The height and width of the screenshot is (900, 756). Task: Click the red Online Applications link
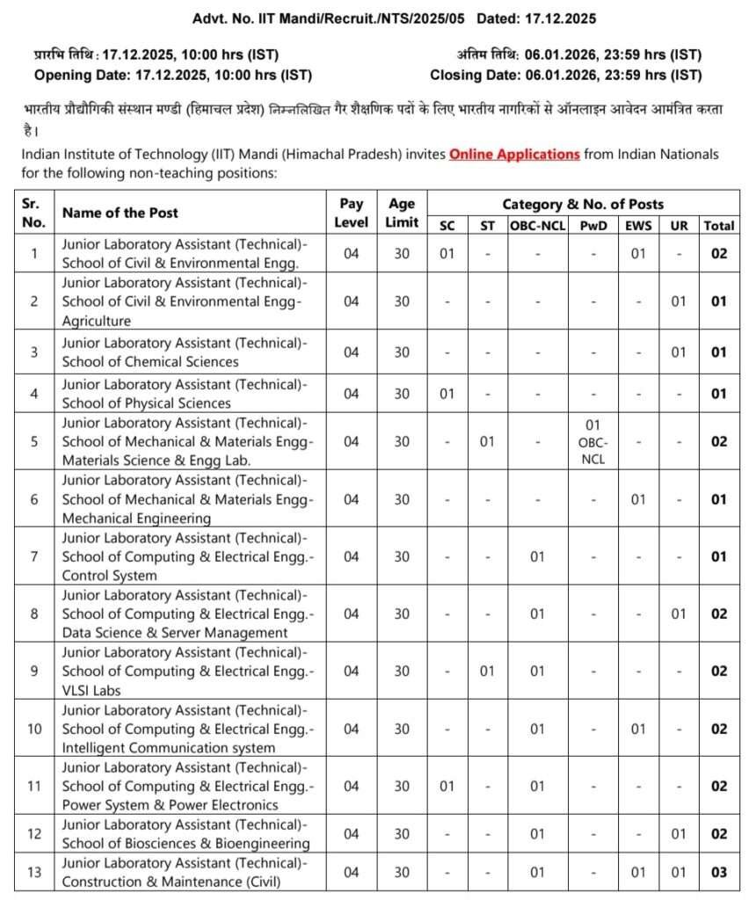[514, 155]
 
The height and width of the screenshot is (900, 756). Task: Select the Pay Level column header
[351, 213]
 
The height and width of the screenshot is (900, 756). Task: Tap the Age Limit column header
[401, 213]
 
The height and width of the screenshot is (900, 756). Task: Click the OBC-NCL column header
[536, 226]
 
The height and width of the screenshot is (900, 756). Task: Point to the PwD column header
[593, 226]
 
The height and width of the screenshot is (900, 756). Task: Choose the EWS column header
[638, 226]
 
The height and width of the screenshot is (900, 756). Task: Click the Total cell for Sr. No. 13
[719, 873]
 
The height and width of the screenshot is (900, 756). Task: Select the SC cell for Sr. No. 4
[447, 394]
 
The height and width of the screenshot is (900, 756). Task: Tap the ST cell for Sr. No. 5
[487, 441]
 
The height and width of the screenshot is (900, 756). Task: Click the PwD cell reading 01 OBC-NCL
[593, 441]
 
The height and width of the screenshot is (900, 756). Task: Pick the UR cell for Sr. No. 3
[679, 352]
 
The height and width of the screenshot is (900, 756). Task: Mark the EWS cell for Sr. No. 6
[638, 499]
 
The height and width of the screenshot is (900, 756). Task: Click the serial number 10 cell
[34, 729]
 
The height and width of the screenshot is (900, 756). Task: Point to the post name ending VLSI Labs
[185, 671]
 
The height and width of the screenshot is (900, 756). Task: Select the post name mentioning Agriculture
[185, 301]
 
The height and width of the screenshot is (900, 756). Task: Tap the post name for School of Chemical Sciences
[185, 352]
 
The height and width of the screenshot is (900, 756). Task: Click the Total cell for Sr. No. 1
[719, 253]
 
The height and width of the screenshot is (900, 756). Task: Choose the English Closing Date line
[566, 76]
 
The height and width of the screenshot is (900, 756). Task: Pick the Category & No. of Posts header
[583, 204]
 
